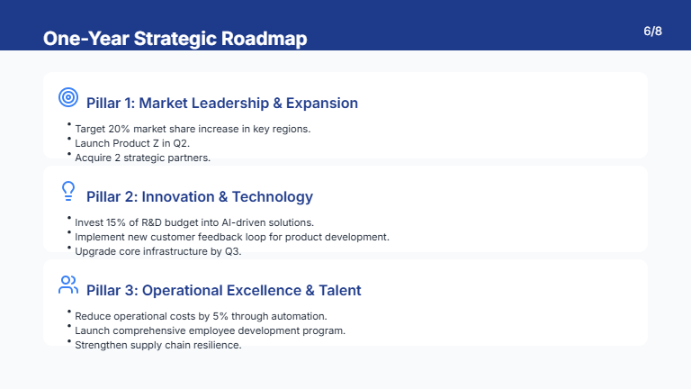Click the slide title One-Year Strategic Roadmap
coord(175,39)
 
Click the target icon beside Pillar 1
coord(67,96)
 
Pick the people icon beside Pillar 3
coord(68,285)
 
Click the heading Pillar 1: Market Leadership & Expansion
coord(221,103)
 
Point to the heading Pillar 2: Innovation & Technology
coord(199,196)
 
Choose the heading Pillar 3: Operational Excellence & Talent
coord(223,290)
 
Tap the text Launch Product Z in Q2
coord(132,143)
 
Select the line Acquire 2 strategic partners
coord(142,158)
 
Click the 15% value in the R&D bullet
coord(120,222)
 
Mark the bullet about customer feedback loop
coord(231,237)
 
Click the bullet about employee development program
coord(210,330)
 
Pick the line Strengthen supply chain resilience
coord(157,345)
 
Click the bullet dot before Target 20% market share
coord(68,125)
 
